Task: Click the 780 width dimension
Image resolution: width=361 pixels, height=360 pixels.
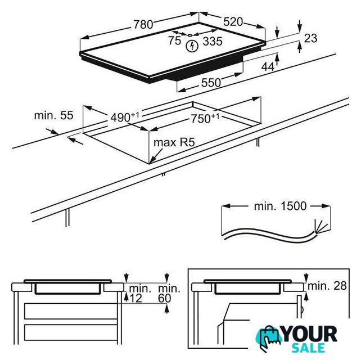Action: (x=143, y=24)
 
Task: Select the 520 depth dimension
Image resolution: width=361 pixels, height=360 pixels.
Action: (x=233, y=22)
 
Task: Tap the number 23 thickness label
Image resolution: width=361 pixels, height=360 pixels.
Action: (x=310, y=38)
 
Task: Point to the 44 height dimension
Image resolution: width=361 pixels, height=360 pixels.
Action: (x=268, y=67)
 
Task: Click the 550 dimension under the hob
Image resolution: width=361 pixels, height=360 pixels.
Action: (x=211, y=83)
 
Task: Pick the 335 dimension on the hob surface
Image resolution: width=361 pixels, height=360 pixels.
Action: (x=213, y=42)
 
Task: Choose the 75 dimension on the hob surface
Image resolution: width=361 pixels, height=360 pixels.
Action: (x=174, y=40)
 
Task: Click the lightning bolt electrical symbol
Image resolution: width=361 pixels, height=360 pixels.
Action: (x=192, y=46)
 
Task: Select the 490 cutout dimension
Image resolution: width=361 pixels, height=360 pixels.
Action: (x=125, y=117)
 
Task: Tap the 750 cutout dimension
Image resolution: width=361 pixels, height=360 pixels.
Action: (x=205, y=118)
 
